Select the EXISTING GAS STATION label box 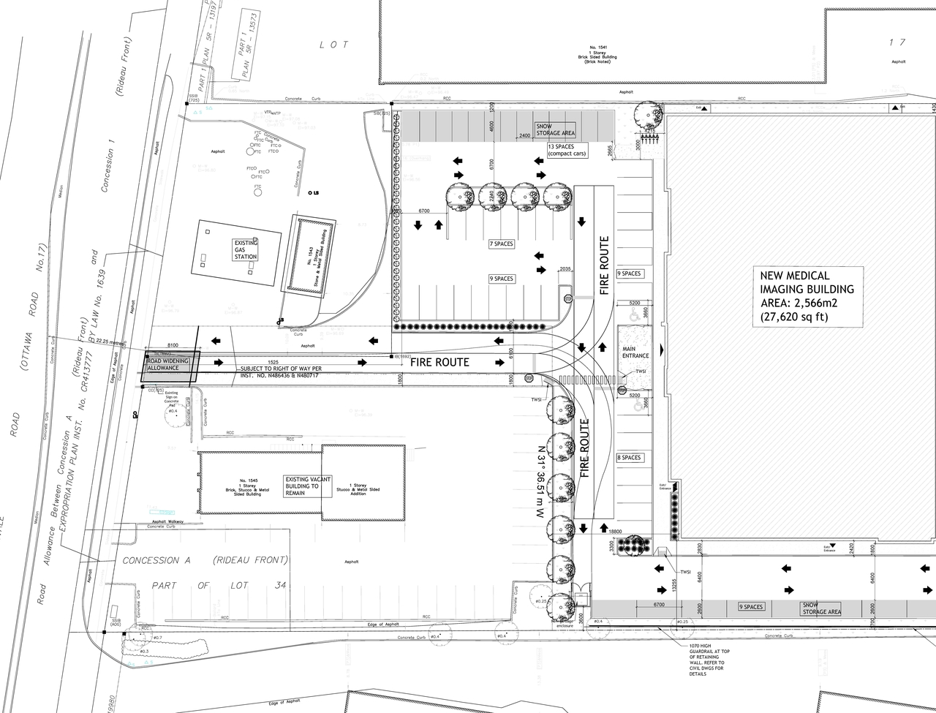(246, 249)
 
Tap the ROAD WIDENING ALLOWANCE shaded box (169, 364)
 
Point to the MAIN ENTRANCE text (635, 352)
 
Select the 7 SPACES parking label (501, 244)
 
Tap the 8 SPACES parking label (629, 458)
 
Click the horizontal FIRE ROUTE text (439, 362)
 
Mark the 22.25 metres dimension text (106, 342)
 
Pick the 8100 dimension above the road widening (173, 344)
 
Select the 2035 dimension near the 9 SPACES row (565, 269)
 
